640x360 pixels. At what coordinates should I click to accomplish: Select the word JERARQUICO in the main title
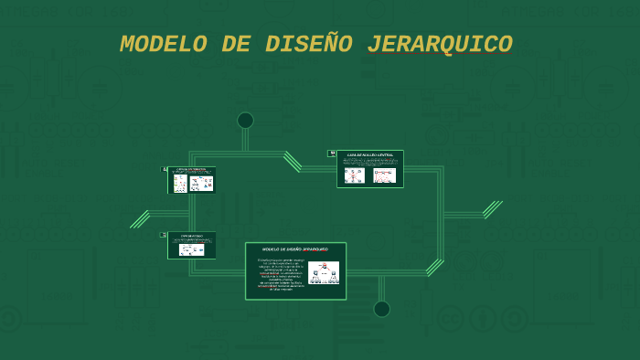439,45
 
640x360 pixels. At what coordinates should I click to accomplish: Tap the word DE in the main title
235,45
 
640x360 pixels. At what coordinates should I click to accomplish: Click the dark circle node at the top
245,121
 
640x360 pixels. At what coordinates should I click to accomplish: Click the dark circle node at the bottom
381,309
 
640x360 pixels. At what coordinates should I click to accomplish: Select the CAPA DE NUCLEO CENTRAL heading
369,156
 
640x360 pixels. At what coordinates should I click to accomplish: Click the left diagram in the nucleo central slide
354,175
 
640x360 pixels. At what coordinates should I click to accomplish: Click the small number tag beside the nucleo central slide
332,154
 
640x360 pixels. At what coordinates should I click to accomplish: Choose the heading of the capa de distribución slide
191,169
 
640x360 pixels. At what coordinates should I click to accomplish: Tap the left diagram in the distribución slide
180,184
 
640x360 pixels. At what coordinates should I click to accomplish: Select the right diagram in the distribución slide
201,183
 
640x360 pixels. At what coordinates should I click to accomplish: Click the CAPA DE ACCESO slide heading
191,236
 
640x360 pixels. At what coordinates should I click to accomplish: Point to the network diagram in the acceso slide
191,249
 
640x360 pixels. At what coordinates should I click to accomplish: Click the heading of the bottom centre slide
294,249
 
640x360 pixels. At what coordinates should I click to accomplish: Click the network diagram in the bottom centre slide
324,272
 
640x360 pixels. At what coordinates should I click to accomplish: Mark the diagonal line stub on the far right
493,209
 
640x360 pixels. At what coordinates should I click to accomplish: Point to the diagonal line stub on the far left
140,219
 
